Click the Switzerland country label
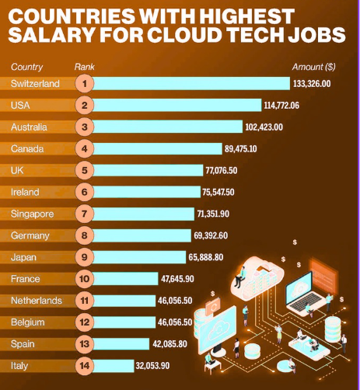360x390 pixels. [36, 84]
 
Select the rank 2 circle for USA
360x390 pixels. [85, 105]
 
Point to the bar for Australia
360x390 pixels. [171, 127]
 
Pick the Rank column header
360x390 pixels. [85, 67]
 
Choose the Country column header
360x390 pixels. [28, 67]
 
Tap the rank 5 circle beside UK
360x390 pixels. [85, 170]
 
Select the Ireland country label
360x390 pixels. [26, 192]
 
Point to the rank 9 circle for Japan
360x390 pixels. [85, 256]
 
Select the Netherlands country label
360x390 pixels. [37, 300]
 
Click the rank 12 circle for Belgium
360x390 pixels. [85, 322]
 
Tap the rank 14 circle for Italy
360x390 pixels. [85, 365]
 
